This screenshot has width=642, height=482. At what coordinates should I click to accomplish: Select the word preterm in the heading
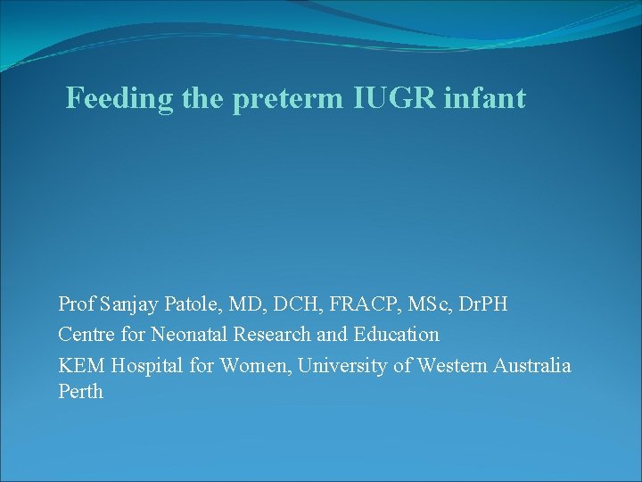click(x=286, y=99)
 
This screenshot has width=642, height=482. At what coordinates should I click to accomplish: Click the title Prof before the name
click(x=77, y=304)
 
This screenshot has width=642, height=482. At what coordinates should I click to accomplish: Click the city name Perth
click(x=80, y=392)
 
